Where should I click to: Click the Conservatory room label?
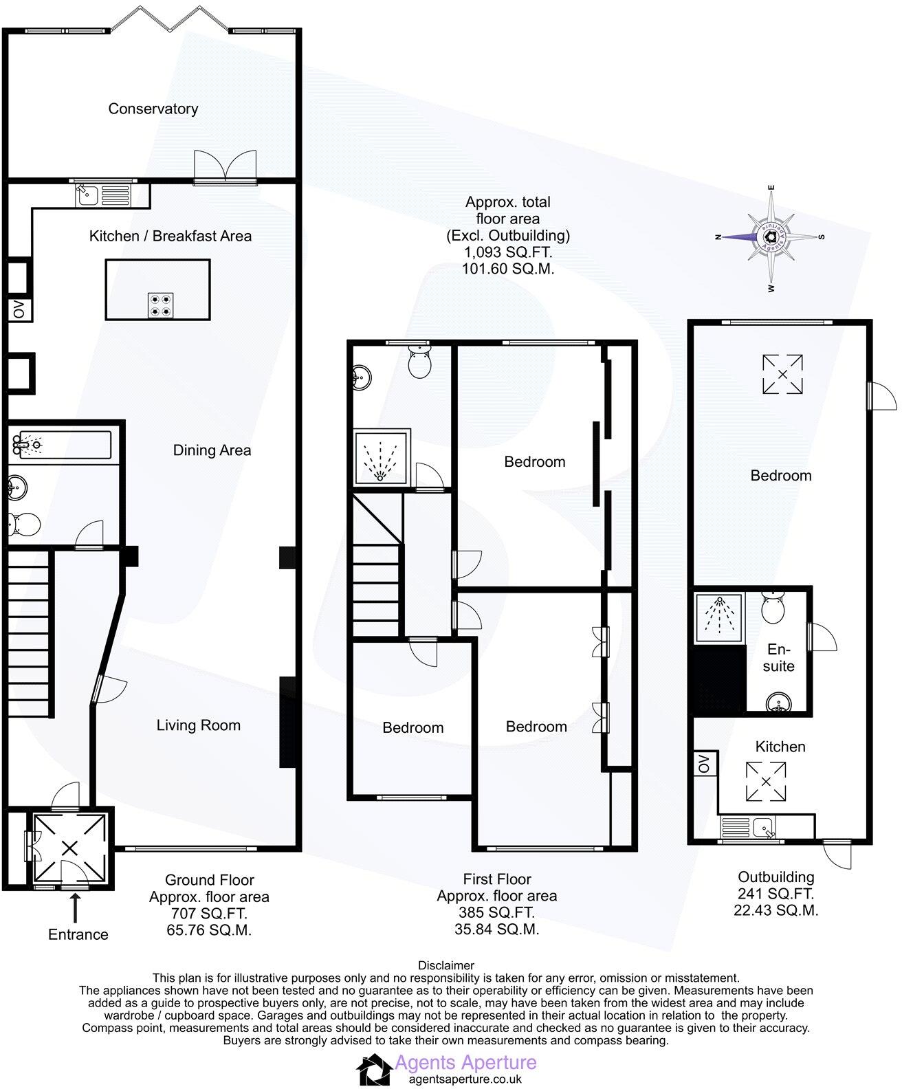[x=153, y=109]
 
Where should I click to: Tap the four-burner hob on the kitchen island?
[x=160, y=306]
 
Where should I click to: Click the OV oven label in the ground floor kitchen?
[x=19, y=309]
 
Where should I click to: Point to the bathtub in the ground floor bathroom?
[x=62, y=445]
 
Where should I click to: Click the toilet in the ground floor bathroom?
[x=24, y=524]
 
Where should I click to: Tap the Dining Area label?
[x=212, y=450]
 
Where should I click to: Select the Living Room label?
[x=198, y=725]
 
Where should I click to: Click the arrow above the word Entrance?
[x=76, y=908]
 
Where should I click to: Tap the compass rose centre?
[x=771, y=237]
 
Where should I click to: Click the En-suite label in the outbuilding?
[x=778, y=657]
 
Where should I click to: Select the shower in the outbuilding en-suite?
[x=719, y=618]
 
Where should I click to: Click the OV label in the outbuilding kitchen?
[x=704, y=764]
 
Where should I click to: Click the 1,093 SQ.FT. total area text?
[x=507, y=252]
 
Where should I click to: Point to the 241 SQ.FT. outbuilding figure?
[x=775, y=894]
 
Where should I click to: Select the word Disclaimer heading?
[x=446, y=965]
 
